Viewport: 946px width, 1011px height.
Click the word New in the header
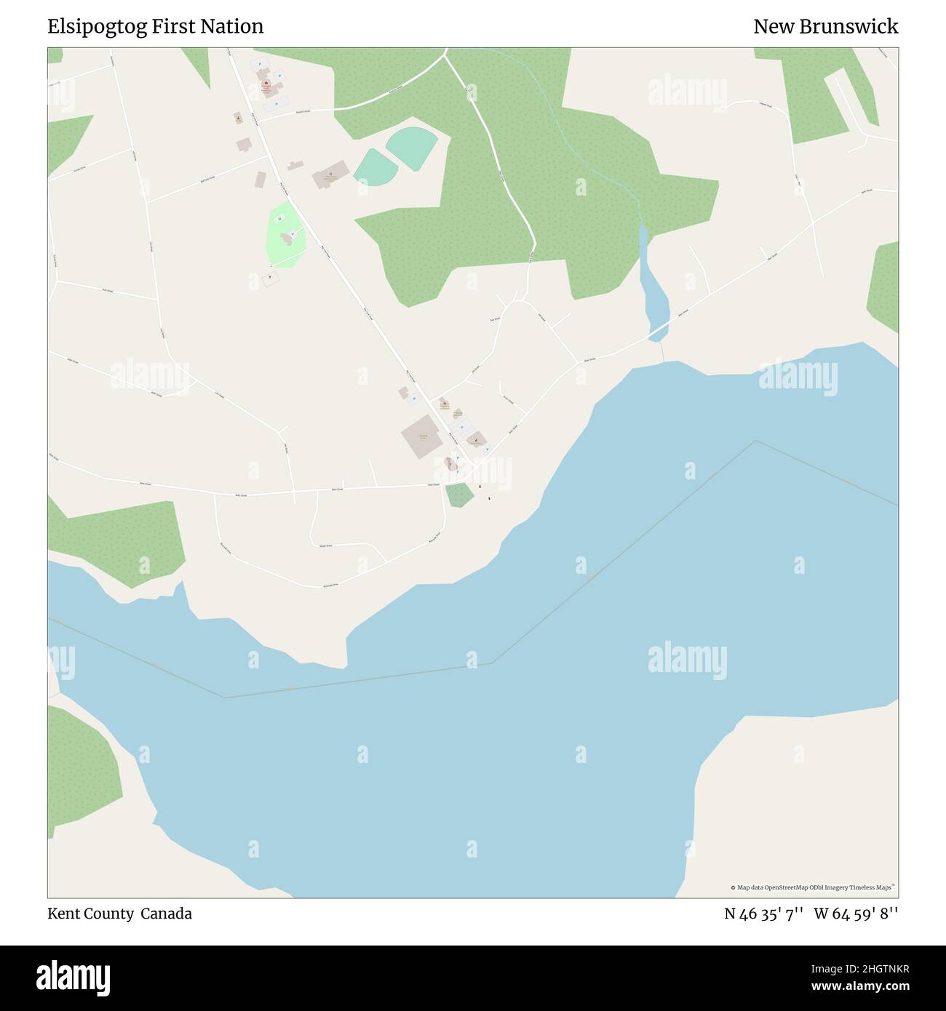pyautogui.click(x=771, y=27)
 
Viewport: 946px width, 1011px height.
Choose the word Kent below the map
pyautogui.click(x=63, y=914)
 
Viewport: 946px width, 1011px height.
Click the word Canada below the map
pyautogui.click(x=166, y=914)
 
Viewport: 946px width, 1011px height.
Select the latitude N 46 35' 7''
pyautogui.click(x=763, y=914)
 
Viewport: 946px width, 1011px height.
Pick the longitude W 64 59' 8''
pyautogui.click(x=856, y=914)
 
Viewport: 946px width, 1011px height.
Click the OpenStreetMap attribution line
pyautogui.click(x=812, y=887)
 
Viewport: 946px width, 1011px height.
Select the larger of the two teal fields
pyautogui.click(x=412, y=147)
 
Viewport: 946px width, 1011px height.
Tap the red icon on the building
pyautogui.click(x=267, y=84)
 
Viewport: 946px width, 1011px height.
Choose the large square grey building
pyautogui.click(x=421, y=436)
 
